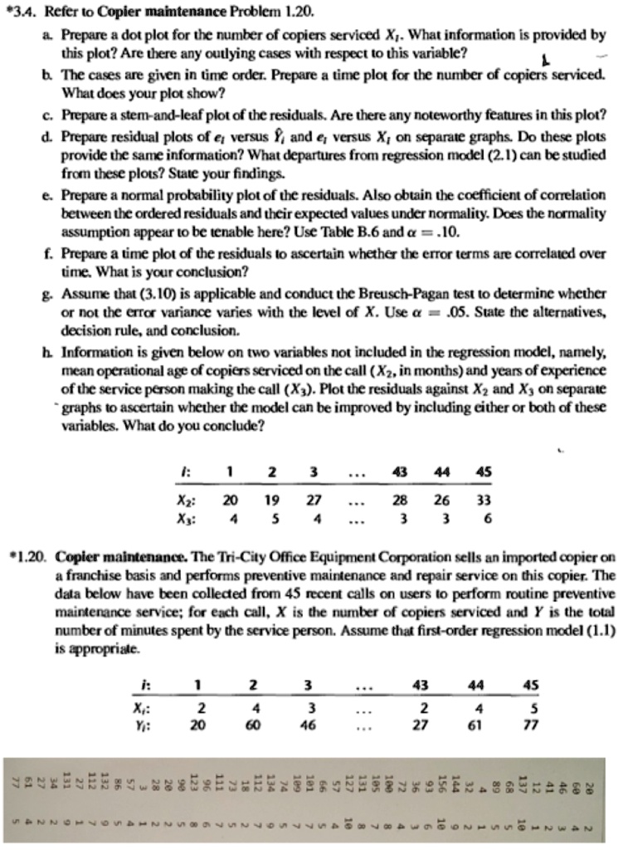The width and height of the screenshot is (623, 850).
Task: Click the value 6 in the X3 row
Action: (486, 516)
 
